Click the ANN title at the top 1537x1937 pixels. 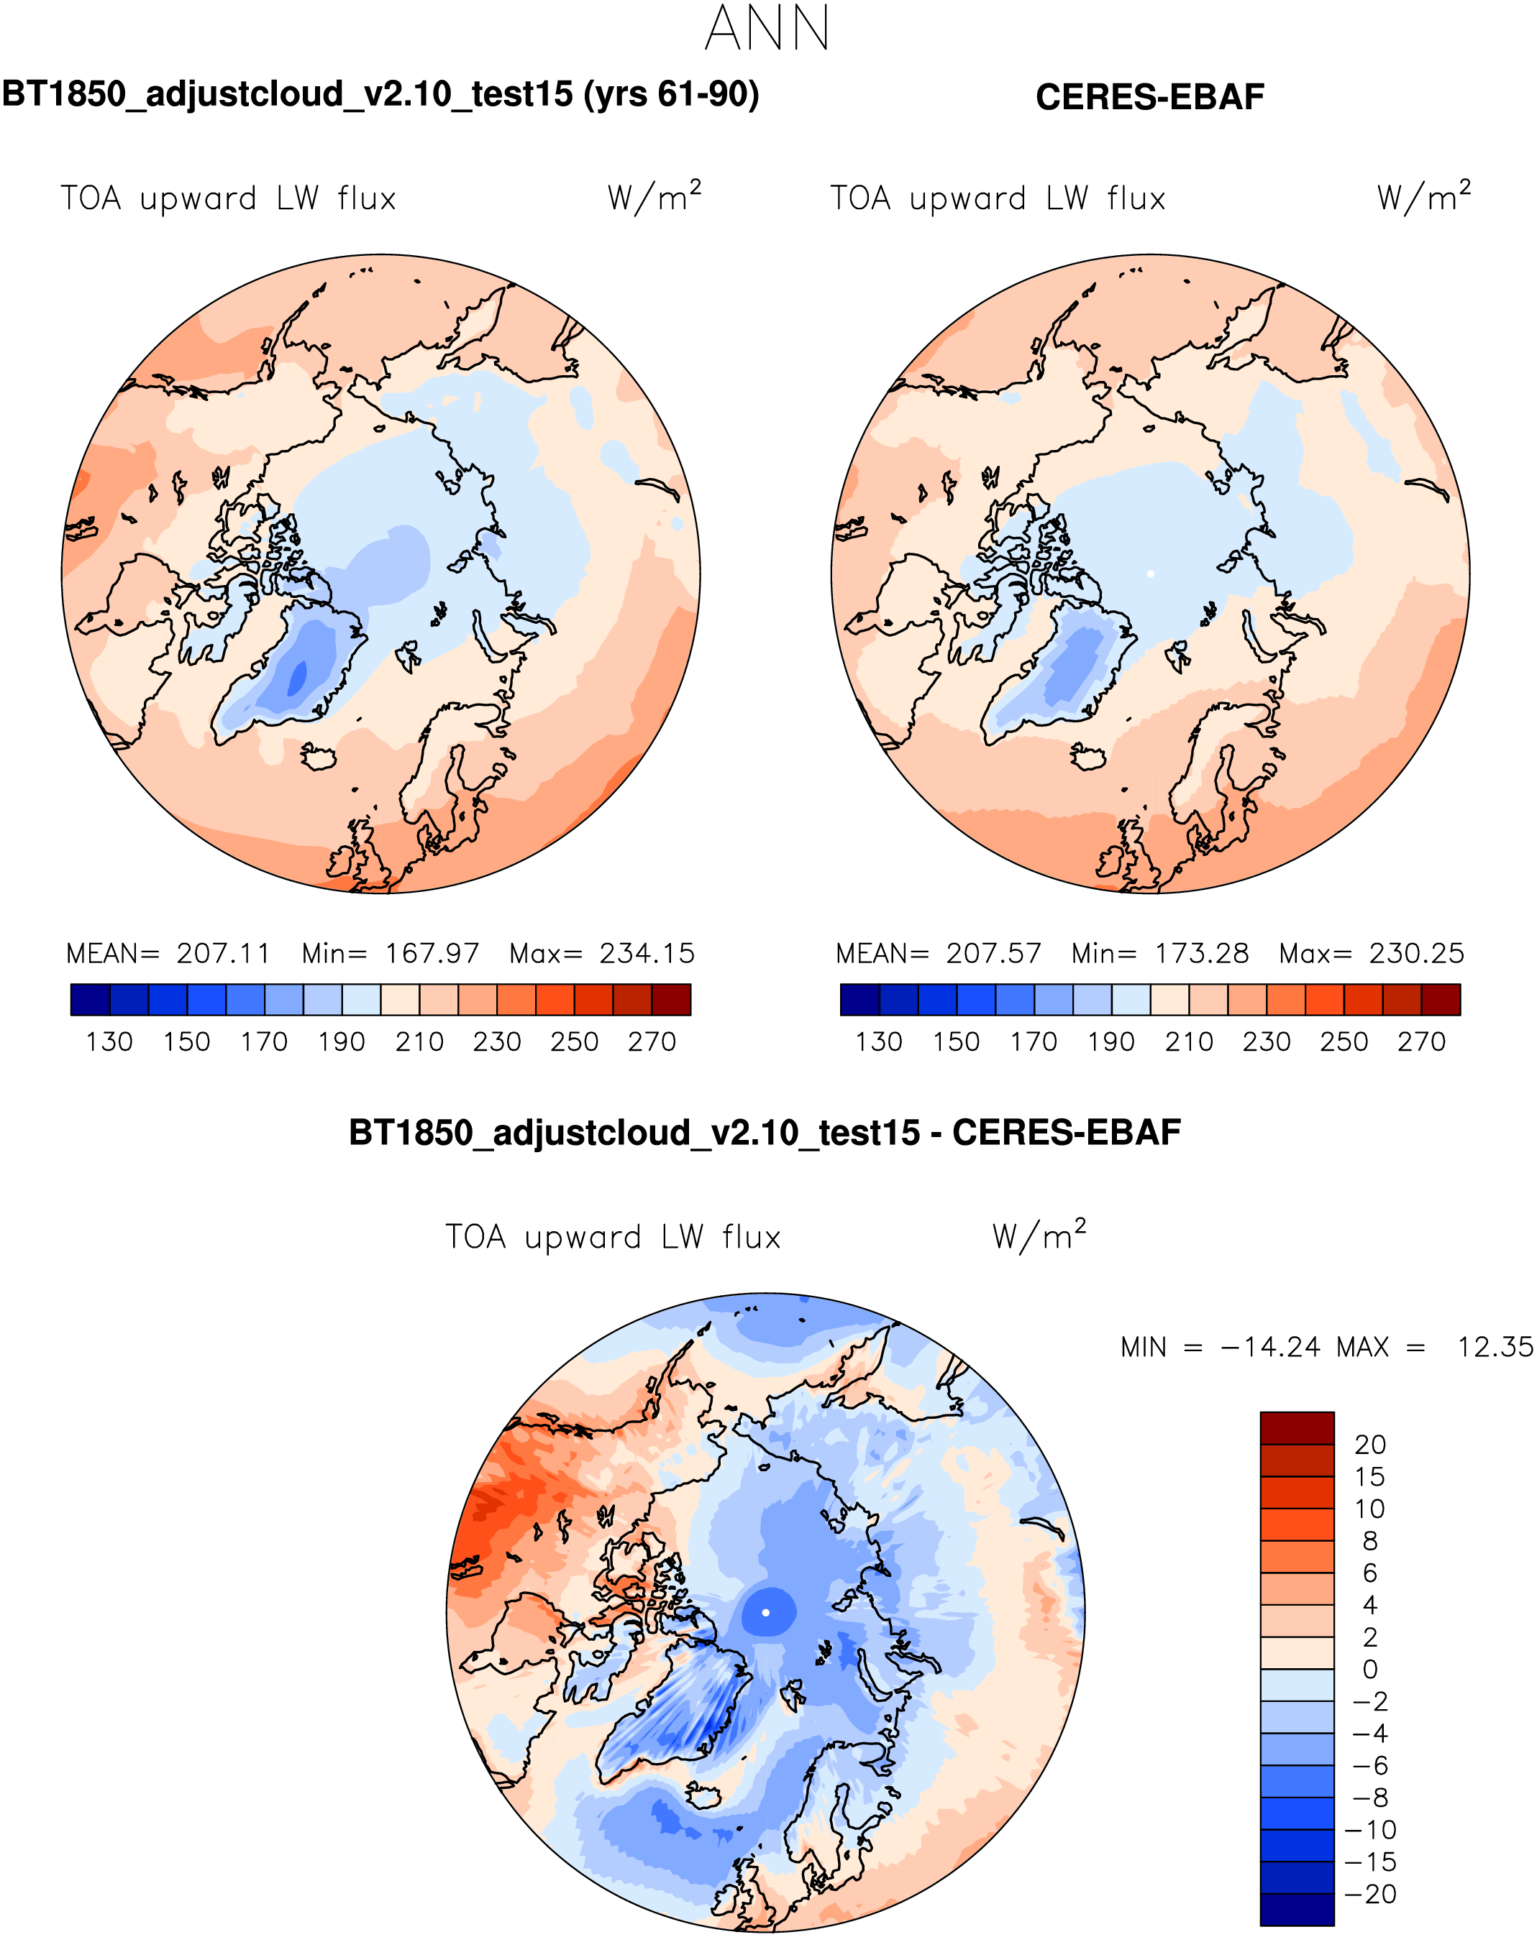[767, 29]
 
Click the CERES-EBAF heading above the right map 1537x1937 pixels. [1149, 97]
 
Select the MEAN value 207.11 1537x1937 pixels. [223, 953]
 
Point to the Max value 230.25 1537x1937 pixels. [1415, 953]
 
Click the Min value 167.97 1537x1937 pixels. [432, 953]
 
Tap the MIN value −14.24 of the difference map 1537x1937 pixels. [1270, 1347]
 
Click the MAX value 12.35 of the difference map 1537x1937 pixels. [1495, 1347]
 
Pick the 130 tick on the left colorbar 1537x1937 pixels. [109, 1042]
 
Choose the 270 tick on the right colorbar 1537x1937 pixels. [1421, 1042]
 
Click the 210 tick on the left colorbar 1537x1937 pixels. [419, 1042]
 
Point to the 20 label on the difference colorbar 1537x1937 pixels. [1370, 1445]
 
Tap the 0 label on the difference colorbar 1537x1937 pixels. [1370, 1669]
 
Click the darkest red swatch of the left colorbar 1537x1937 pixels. [672, 1000]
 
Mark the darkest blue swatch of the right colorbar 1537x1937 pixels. [859, 1000]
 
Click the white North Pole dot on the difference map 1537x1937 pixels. [765, 1613]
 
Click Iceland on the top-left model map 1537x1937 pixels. [318, 758]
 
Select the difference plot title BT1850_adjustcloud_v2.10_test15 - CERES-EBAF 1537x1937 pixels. [764, 1133]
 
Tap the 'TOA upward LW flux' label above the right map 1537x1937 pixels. [998, 198]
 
